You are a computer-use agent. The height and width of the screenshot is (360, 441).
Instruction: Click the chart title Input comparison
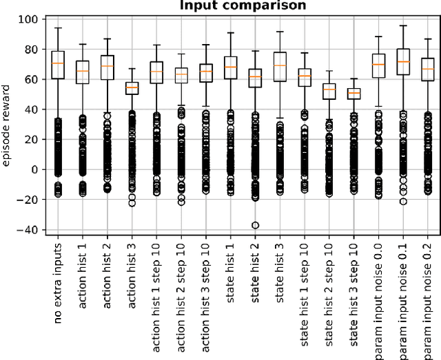click(x=243, y=6)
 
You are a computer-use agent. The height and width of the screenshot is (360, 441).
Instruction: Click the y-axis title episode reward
click(x=8, y=125)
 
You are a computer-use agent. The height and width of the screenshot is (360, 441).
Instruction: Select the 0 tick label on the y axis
click(x=34, y=169)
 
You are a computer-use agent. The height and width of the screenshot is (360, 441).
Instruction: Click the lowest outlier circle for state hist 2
click(x=255, y=225)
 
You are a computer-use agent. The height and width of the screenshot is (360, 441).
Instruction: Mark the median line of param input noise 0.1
click(x=403, y=62)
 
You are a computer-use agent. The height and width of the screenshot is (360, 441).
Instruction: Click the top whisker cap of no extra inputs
click(x=58, y=28)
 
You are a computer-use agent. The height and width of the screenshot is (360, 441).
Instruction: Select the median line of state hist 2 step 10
click(x=329, y=90)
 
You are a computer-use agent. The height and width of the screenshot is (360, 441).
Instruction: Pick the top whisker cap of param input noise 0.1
click(x=403, y=25)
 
